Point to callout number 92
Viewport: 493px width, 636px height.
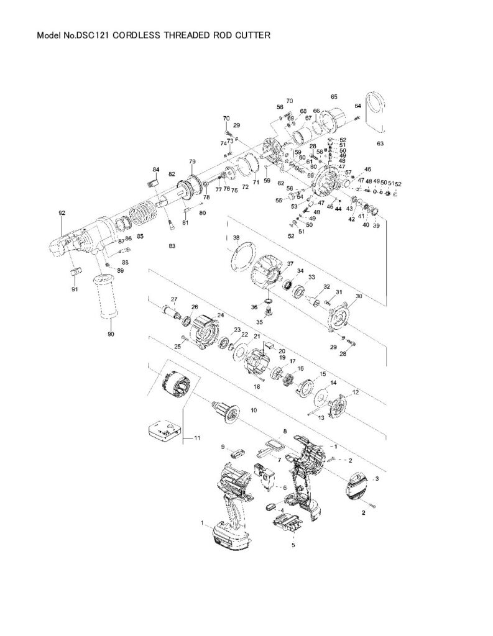(62, 213)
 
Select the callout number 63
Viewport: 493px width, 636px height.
(380, 143)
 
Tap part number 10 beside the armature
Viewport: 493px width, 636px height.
(253, 411)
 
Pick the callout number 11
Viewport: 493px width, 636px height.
(197, 438)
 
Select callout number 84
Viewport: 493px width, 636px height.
(156, 170)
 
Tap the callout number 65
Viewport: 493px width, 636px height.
(334, 97)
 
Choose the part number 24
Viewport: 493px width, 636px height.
(220, 315)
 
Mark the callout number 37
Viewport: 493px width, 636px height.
(290, 263)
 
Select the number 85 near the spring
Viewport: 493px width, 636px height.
(141, 237)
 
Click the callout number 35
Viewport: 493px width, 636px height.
(260, 322)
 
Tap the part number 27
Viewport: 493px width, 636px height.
(175, 299)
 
